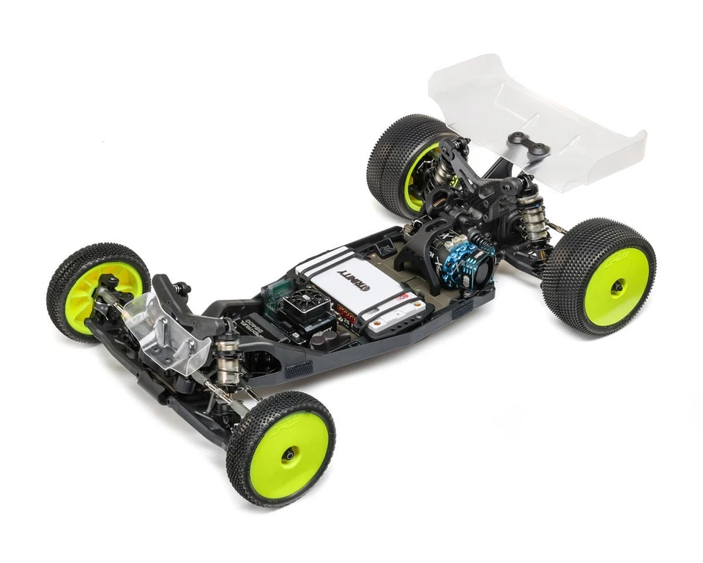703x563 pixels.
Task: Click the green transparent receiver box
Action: click(275, 290)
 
